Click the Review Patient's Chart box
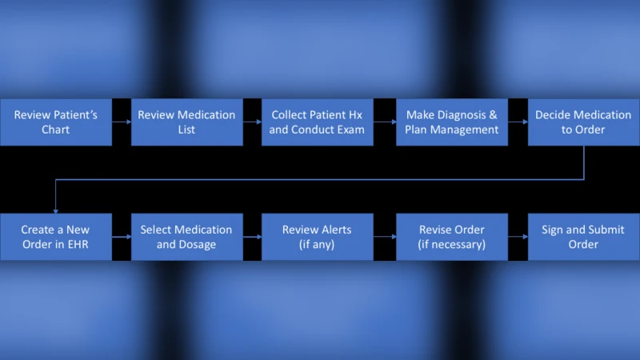(56, 122)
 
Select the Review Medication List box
(186, 122)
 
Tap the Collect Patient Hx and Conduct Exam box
(317, 122)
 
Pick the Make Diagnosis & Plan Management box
(451, 122)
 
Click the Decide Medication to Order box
(583, 122)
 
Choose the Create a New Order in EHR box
(56, 237)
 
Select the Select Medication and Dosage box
(186, 237)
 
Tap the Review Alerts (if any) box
(317, 237)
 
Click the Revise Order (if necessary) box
(451, 237)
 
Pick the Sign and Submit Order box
(583, 237)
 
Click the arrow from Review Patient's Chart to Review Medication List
(122, 122)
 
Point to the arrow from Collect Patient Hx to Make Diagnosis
(385, 122)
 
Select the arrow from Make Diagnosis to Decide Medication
(518, 122)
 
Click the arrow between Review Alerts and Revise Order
(385, 237)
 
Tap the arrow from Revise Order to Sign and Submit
(518, 237)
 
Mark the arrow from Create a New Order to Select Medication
(122, 237)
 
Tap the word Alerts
(334, 230)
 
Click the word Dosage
(197, 244)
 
